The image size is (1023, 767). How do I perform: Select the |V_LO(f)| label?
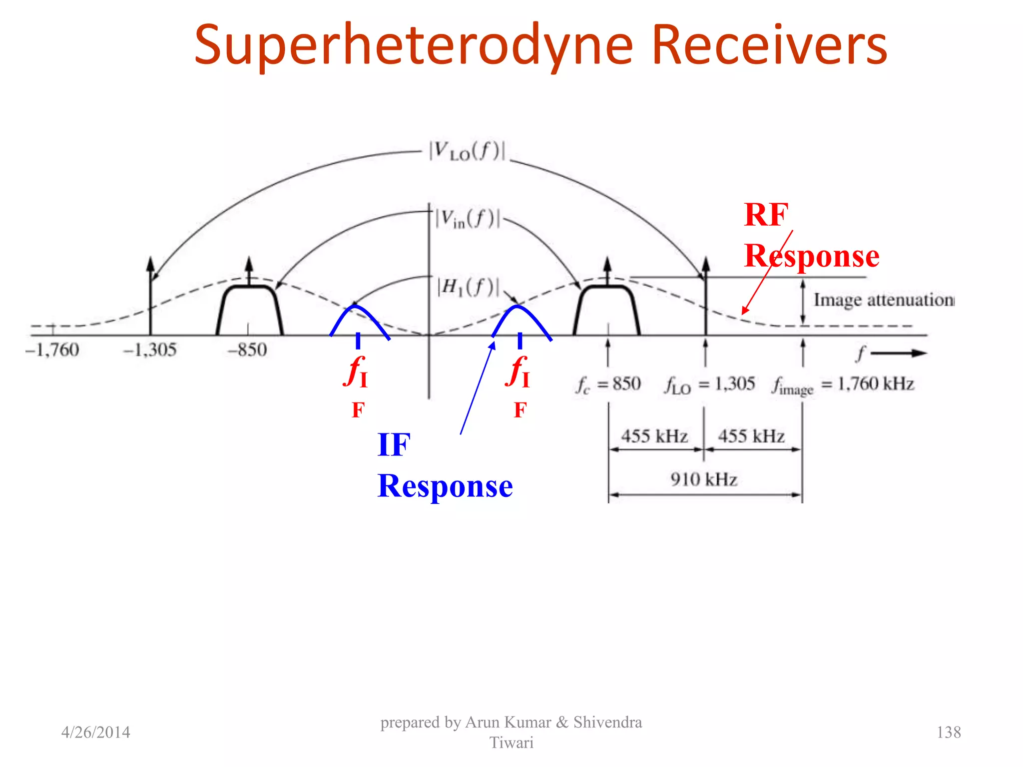click(467, 151)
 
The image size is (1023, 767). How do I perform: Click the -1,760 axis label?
click(52, 350)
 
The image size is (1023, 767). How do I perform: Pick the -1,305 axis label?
click(150, 350)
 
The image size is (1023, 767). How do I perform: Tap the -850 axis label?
click(247, 350)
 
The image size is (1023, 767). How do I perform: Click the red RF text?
click(766, 215)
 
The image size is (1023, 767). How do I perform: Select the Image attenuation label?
click(883, 300)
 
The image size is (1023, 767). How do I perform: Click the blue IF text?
click(394, 444)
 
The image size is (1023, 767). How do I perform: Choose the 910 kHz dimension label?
click(704, 480)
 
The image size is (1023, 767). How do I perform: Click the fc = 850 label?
click(608, 384)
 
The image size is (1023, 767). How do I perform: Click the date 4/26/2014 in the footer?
click(95, 733)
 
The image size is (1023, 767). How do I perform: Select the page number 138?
click(949, 733)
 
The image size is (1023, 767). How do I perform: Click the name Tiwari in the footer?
click(511, 743)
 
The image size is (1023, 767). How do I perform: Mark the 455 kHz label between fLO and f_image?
click(751, 436)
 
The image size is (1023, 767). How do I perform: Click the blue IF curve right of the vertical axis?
click(518, 307)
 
